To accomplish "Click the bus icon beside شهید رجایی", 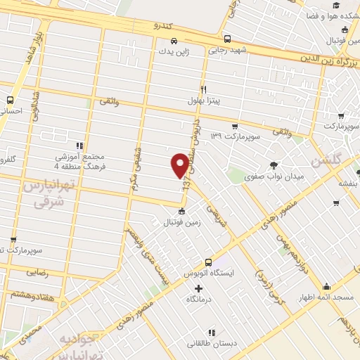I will pyautogui.click(x=226, y=39).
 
